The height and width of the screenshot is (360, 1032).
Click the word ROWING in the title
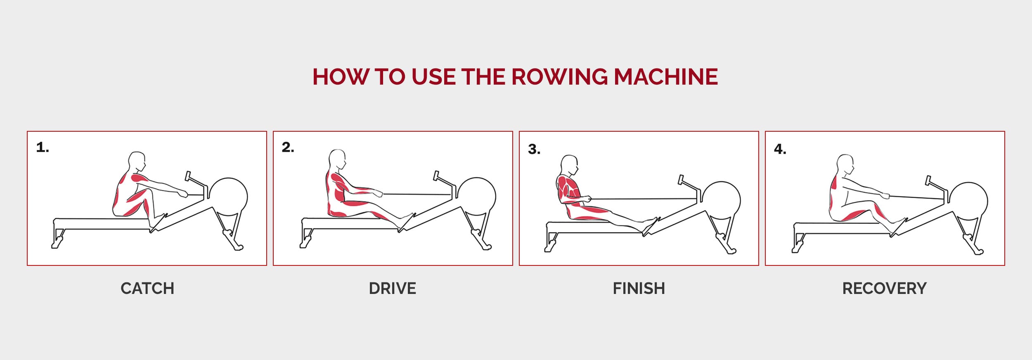pyautogui.click(x=560, y=77)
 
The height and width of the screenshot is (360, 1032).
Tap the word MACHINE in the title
pyautogui.click(x=665, y=77)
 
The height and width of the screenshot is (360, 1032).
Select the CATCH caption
pyautogui.click(x=147, y=288)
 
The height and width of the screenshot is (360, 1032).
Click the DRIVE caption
pyautogui.click(x=393, y=288)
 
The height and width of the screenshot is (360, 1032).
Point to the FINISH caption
pyautogui.click(x=639, y=288)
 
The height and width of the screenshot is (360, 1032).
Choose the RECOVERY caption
pyautogui.click(x=884, y=288)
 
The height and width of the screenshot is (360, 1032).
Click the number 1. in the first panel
pyautogui.click(x=43, y=147)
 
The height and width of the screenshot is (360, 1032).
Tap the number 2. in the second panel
pyautogui.click(x=288, y=147)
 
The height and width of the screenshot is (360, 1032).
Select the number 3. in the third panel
pyautogui.click(x=534, y=149)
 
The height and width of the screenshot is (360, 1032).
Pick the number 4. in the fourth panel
pyautogui.click(x=780, y=149)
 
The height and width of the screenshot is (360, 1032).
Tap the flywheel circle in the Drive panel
pyautogui.click(x=477, y=197)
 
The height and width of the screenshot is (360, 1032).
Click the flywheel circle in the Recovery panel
pyautogui.click(x=968, y=201)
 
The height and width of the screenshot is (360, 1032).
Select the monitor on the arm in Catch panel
pyautogui.click(x=188, y=176)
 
